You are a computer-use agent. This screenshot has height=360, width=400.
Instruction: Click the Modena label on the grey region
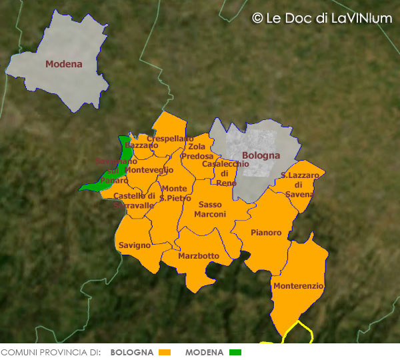63,65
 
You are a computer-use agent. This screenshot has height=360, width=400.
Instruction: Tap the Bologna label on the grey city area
261,156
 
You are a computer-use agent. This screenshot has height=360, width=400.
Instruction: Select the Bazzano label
141,145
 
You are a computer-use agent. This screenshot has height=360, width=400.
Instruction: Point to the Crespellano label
165,139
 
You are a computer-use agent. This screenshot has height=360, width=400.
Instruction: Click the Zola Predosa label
197,151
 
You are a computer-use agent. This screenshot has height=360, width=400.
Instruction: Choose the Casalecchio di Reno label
225,173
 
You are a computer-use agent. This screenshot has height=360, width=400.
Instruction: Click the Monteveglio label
149,170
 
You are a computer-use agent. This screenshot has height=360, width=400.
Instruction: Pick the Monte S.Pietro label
175,193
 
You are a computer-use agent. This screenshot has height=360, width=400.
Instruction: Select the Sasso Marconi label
210,209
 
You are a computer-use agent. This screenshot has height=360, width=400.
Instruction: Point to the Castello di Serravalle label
134,201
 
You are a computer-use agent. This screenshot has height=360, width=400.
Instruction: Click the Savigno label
135,245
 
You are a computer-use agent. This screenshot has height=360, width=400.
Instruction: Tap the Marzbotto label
199,256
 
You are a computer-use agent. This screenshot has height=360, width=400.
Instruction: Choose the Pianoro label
266,233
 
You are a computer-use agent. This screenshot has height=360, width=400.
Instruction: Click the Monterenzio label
298,285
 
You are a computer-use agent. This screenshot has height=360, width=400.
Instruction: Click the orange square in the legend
166,352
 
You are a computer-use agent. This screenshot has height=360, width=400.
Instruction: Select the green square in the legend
235,352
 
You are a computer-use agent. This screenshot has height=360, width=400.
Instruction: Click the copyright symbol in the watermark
257,19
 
